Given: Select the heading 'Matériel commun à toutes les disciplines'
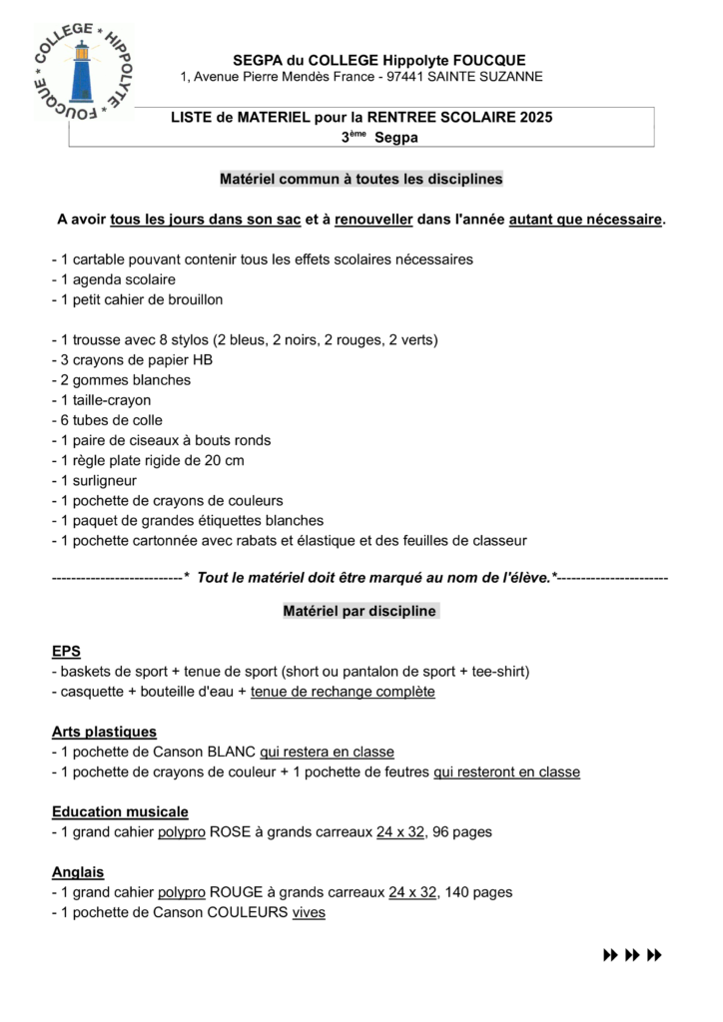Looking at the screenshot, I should [x=361, y=180].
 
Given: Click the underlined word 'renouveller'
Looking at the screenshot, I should [x=373, y=219].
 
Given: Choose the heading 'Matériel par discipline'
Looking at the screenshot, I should [x=361, y=611].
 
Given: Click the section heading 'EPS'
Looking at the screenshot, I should [x=66, y=651].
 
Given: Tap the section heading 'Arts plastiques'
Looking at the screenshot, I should [x=104, y=732].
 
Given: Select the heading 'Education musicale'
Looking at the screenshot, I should [x=120, y=812].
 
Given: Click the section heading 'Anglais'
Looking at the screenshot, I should [x=78, y=872].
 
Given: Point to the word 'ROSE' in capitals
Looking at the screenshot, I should [x=230, y=832].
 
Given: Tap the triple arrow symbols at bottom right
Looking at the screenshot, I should [x=633, y=955].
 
